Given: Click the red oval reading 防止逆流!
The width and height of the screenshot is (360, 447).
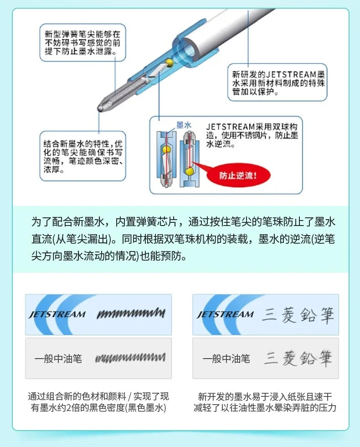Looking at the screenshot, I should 238,175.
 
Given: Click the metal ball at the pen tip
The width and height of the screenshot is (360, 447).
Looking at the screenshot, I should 99,108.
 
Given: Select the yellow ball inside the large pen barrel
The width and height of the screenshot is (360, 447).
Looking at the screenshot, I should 169,62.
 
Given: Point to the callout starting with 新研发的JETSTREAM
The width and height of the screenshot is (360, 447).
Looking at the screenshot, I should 277,82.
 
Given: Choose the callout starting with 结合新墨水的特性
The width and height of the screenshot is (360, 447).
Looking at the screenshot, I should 82,155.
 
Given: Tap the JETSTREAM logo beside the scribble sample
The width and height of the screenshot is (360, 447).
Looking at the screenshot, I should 57,314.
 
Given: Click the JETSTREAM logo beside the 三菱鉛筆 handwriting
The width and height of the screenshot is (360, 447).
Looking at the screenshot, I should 225,314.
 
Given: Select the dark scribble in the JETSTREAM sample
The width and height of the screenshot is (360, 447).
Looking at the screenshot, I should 130,313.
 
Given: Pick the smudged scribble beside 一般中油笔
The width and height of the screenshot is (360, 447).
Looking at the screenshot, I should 130,358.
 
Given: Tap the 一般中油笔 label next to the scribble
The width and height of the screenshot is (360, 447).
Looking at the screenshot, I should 58,359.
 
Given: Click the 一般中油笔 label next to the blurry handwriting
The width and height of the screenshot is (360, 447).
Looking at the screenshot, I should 226,359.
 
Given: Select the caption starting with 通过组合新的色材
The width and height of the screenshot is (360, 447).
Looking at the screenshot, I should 98,402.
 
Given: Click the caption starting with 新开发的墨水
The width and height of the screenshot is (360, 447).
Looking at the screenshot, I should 265,402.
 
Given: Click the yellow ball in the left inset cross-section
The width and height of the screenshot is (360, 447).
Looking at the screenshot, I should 166,149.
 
